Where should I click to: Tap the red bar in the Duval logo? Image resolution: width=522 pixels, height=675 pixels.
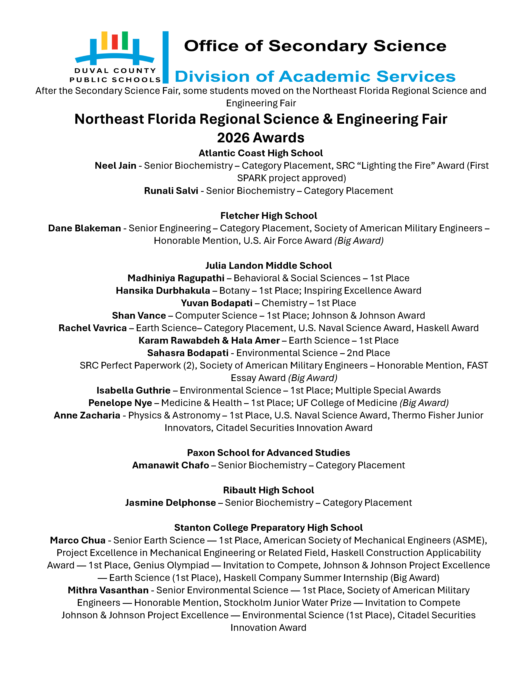pos(115,42)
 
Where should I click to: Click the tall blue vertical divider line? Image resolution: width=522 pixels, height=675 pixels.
pos(165,57)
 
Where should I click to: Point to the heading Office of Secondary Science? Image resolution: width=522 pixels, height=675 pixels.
pos(315,46)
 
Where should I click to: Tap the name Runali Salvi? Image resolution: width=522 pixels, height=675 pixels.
pos(171,191)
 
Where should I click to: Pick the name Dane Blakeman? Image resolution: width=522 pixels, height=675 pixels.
pos(84,228)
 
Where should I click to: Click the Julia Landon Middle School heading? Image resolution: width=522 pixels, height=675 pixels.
pos(268,265)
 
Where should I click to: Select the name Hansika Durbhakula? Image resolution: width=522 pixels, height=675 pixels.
pos(163,290)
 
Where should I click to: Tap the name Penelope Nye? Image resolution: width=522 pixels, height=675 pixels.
pos(120,403)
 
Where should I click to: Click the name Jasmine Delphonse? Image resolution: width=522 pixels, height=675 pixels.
pos(170,503)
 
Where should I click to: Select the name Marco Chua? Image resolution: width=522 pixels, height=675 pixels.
pos(78,540)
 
